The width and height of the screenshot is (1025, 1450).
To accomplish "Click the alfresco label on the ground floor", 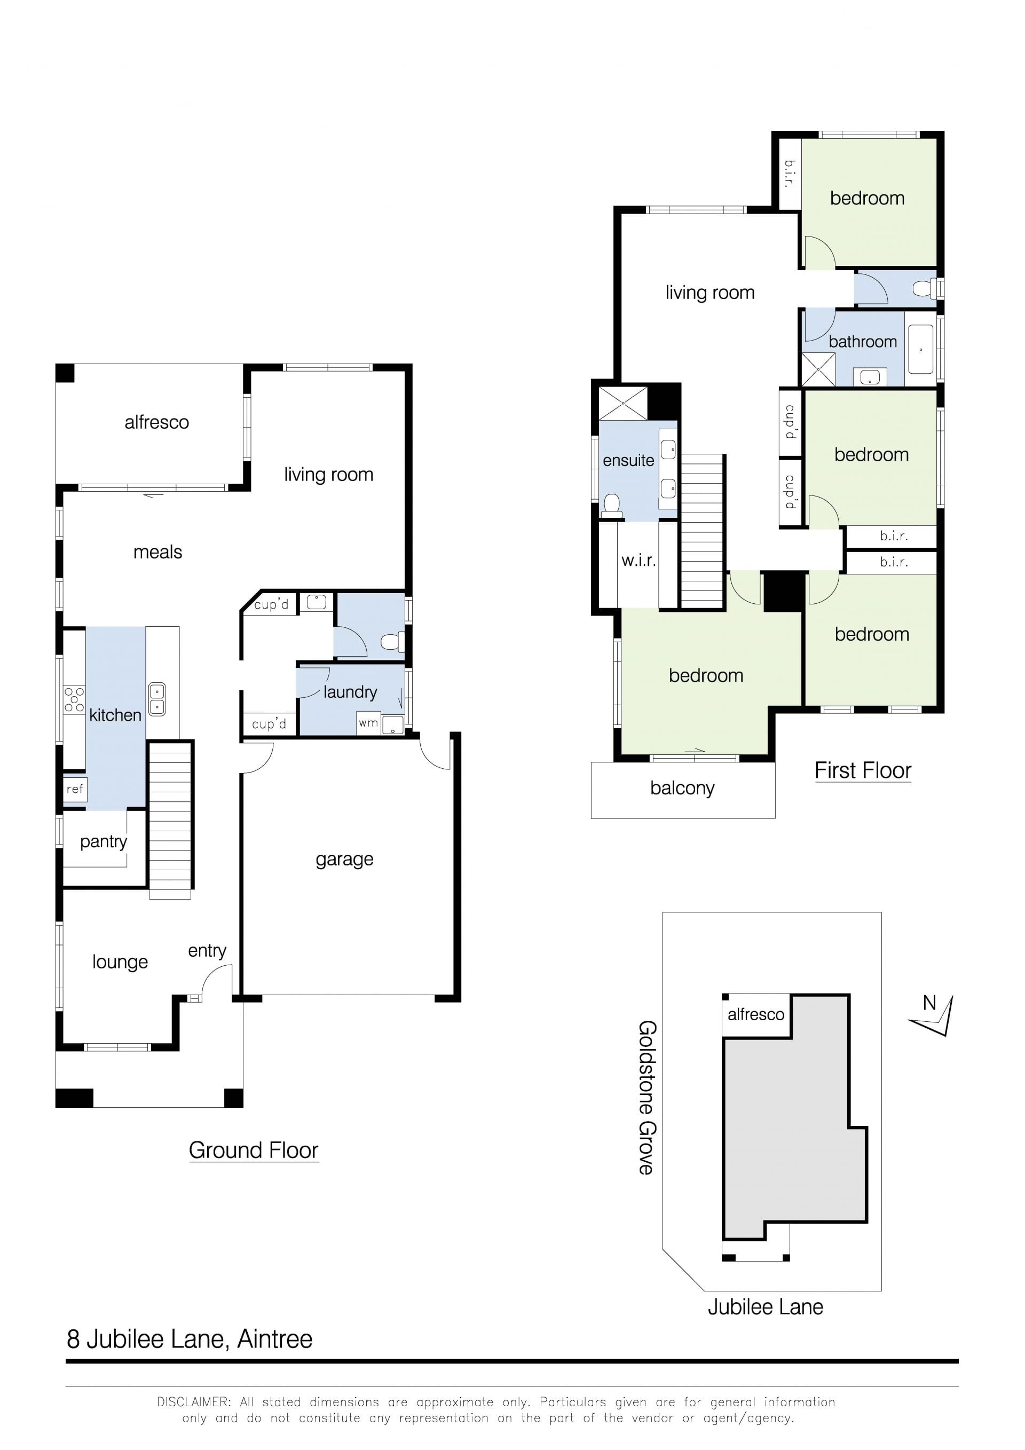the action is pos(156,422).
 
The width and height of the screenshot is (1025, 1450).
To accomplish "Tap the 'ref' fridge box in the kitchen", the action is pos(75,789).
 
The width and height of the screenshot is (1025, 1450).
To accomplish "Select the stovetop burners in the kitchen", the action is pos(74,700).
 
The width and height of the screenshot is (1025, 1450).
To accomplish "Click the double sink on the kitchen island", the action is pos(156,699).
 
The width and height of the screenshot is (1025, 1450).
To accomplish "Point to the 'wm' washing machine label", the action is pos(368,722).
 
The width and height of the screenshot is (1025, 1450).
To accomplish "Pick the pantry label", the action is pos(104,842).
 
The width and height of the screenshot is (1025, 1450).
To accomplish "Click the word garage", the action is pos(344,860).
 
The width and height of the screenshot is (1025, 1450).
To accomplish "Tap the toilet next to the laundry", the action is pos(393,642).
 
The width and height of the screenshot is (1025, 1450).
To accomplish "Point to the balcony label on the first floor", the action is pos(682,788).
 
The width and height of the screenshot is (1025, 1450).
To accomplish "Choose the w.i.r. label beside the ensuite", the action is pos(638,560).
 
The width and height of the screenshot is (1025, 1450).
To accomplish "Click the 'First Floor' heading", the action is pos(863,770).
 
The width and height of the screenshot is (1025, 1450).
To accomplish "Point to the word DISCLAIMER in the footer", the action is pos(193,1402).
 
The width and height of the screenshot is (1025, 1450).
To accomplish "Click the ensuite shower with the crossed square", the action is pos(622,403).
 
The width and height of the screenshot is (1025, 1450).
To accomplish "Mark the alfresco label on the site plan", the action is pos(756,1015).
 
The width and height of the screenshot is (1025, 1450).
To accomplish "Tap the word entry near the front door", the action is pos(207,950).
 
